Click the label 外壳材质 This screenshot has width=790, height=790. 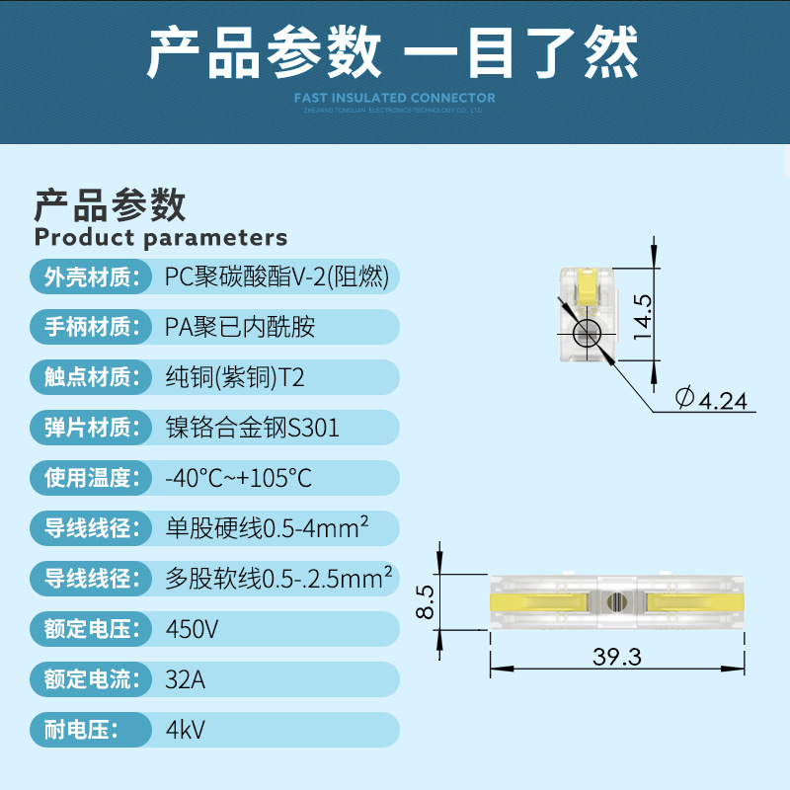(x=89, y=277)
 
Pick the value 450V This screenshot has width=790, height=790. (x=194, y=628)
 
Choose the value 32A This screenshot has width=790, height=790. (x=187, y=679)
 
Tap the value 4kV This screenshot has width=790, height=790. (x=185, y=731)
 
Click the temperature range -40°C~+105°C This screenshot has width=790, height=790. (x=238, y=479)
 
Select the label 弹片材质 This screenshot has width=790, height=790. (x=89, y=428)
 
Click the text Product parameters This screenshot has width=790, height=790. (x=161, y=237)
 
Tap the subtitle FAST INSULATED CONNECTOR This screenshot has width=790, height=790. (x=395, y=98)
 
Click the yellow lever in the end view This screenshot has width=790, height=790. (x=588, y=286)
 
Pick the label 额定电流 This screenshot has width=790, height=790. (x=89, y=679)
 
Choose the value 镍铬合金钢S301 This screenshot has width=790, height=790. (x=252, y=428)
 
